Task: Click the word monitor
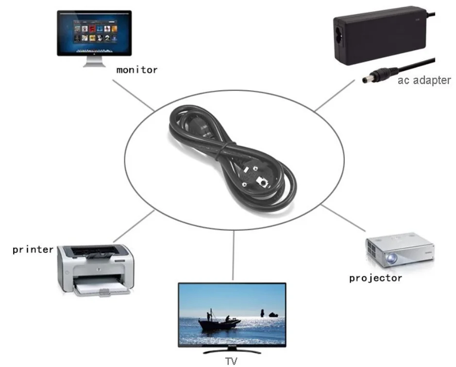pyautogui.click(x=137, y=70)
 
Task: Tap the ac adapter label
pyautogui.click(x=424, y=80)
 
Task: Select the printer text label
pyautogui.click(x=33, y=250)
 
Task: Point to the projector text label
pyautogui.click(x=375, y=278)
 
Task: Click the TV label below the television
pyautogui.click(x=231, y=361)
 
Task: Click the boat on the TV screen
pyautogui.click(x=219, y=322)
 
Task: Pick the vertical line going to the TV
pyautogui.click(x=234, y=255)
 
